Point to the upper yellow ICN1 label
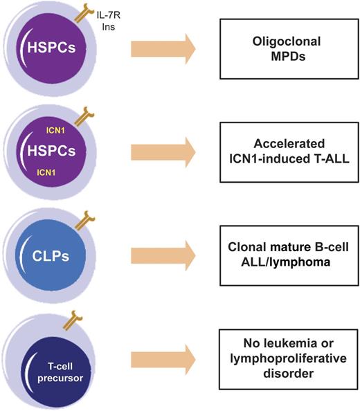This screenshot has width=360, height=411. point(48,128)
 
